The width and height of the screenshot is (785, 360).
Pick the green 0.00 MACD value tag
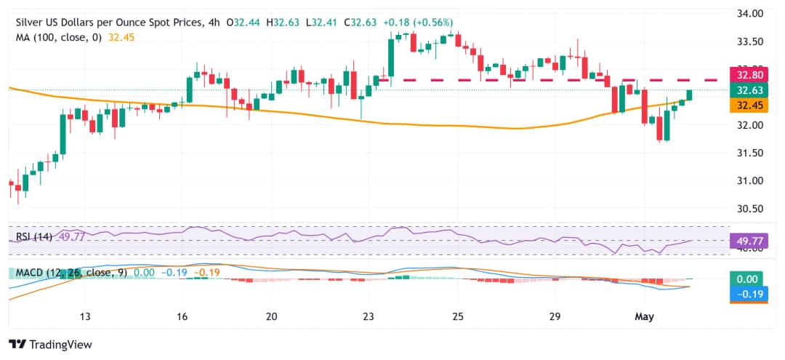coord(746,279)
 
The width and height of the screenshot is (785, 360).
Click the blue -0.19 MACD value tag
coord(746,294)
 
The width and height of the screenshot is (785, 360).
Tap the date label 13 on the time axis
coord(85,316)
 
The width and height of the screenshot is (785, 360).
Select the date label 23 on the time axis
coord(368,316)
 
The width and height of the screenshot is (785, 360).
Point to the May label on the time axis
coord(644,316)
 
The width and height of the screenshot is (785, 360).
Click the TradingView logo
coord(51,344)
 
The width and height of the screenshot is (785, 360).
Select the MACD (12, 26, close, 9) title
coord(67,273)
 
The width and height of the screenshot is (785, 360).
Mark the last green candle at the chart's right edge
coord(689,95)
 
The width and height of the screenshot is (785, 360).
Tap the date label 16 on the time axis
coord(182,316)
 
